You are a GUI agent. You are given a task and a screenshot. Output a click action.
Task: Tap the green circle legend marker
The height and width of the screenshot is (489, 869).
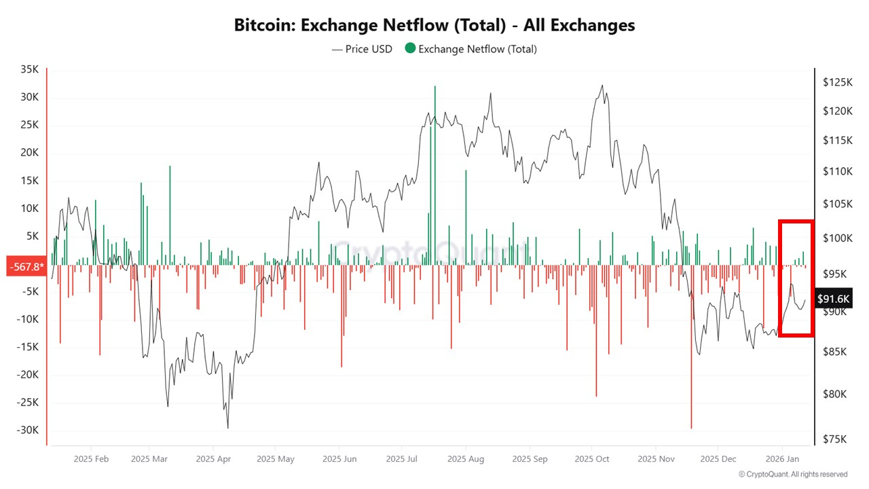tap(410, 49)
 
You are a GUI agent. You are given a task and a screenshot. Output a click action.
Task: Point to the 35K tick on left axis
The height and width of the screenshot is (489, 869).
tap(29, 69)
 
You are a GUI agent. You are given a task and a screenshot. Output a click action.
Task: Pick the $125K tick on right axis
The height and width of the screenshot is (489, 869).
tap(836, 82)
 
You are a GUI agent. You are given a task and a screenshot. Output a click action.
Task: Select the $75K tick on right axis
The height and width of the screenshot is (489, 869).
tap(836, 439)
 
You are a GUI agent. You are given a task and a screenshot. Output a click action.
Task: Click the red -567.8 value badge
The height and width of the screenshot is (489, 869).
tap(25, 266)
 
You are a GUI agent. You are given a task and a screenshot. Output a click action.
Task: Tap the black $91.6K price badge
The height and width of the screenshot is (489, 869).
tap(833, 299)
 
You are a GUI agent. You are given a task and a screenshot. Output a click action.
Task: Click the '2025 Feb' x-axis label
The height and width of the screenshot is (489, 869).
tap(91, 458)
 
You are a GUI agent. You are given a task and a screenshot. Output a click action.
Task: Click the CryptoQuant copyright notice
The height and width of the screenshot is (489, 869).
tap(793, 474)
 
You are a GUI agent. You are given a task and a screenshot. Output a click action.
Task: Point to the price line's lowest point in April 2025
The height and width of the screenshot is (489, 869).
tap(227, 427)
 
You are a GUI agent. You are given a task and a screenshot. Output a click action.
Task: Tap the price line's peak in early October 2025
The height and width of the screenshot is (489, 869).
tap(602, 86)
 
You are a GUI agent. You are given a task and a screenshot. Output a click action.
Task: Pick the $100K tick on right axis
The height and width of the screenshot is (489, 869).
tap(836, 238)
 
